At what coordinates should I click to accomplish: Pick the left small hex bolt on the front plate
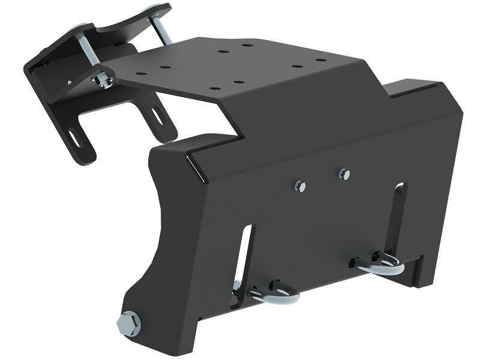pyautogui.click(x=301, y=187)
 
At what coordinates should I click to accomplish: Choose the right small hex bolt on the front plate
pyautogui.click(x=344, y=174)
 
